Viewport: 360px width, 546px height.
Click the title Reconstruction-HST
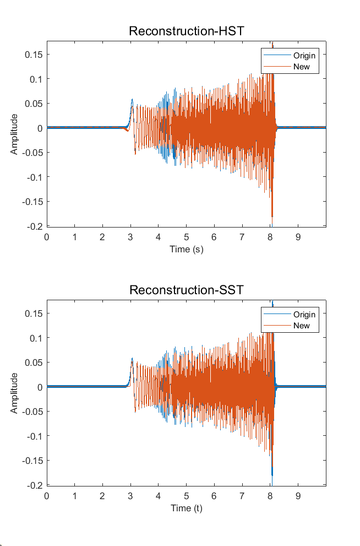[x=187, y=31]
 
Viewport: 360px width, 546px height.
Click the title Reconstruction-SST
[x=187, y=290]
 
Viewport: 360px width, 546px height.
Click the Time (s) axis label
[x=187, y=250]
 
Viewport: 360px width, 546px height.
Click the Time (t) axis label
[x=187, y=509]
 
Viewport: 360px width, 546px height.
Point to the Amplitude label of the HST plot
[x=14, y=134]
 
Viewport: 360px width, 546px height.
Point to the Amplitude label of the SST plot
[x=14, y=393]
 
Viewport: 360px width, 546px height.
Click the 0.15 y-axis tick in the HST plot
[x=34, y=55]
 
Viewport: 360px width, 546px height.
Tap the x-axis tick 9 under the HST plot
[x=298, y=237]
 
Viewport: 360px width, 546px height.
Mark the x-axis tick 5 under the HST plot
[x=186, y=237]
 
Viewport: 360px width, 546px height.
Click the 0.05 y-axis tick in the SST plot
[x=34, y=363]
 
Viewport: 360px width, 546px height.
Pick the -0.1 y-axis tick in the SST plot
[x=35, y=436]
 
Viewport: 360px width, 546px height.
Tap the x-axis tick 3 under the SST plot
[x=130, y=496]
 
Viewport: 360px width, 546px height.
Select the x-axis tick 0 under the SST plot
[x=47, y=496]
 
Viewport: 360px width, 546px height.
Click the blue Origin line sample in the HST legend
[x=277, y=55]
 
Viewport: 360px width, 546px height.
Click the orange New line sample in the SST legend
[x=277, y=325]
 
